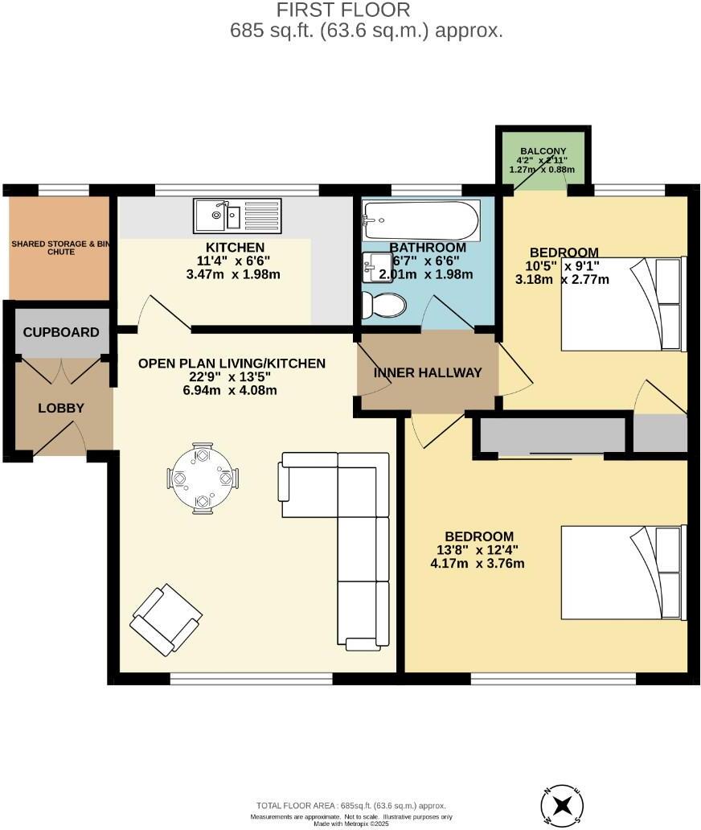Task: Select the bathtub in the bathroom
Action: (421, 219)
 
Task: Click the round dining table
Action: (203, 478)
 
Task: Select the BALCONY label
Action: (543, 151)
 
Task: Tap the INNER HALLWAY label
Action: (428, 372)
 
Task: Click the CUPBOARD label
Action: (61, 332)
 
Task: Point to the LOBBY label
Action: (61, 408)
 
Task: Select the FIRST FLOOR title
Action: (343, 10)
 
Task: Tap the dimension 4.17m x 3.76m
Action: (478, 563)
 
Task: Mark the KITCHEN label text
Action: (235, 247)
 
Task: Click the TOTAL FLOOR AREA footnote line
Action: (350, 805)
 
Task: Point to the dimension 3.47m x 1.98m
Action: (235, 273)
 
